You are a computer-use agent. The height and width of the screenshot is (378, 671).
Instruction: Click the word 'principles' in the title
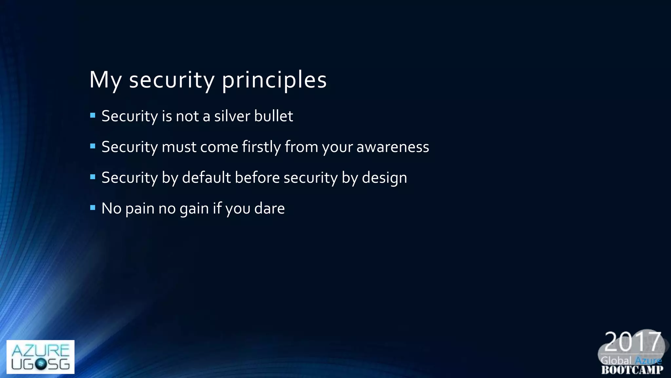tap(274, 80)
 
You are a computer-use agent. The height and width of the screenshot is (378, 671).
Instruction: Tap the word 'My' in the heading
tap(105, 80)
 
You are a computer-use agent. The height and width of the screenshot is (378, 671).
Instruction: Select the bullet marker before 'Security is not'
tap(93, 115)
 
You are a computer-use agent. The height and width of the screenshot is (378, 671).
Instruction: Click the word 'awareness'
tap(393, 147)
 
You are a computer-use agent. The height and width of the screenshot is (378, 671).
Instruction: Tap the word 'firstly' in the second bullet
tap(261, 147)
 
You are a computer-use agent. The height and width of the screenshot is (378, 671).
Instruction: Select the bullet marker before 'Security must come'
tap(93, 146)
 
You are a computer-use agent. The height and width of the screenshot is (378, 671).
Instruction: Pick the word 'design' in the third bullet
tap(384, 178)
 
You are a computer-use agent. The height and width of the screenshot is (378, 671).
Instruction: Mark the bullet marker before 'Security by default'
tap(93, 177)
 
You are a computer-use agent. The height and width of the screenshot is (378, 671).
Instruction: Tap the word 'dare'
tap(269, 209)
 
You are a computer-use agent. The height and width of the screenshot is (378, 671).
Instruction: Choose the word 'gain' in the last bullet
tap(194, 209)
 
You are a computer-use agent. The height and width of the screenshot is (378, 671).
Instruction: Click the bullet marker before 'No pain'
tap(93, 208)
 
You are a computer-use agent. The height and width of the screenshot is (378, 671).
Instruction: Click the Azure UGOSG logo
tap(40, 357)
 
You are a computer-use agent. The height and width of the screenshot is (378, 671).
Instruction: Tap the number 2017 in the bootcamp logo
tap(632, 342)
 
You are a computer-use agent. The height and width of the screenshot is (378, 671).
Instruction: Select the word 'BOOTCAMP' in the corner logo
tap(632, 370)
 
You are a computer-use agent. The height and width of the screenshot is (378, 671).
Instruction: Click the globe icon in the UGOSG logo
tap(41, 364)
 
